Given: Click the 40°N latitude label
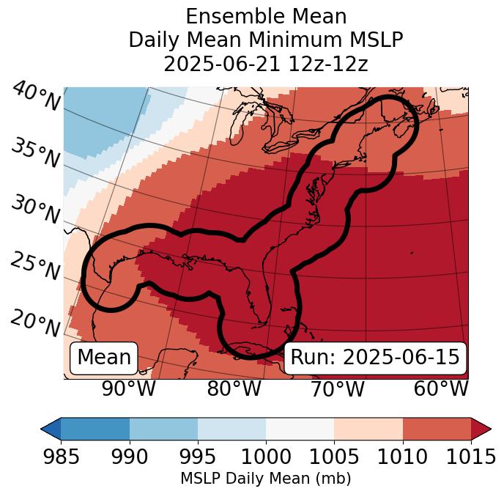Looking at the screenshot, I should [36, 97].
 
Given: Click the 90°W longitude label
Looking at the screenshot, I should [129, 388].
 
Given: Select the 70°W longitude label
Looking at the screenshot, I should [337, 388].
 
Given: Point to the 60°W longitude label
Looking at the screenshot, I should [441, 388].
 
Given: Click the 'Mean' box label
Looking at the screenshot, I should [104, 358].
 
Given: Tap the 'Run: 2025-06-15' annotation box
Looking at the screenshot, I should [375, 358].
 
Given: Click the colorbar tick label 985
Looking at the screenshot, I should [61, 457].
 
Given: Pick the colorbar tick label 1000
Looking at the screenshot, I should [266, 457].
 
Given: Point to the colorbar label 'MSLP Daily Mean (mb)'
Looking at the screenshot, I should [266, 479].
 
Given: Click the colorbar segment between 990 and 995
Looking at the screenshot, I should [163, 428].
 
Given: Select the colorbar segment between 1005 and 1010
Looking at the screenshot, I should [368, 428].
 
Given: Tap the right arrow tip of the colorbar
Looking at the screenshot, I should [489, 428].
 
